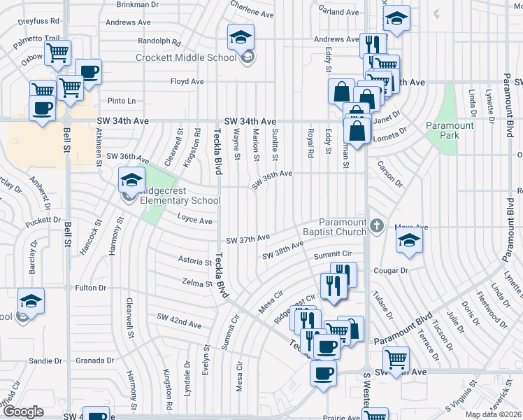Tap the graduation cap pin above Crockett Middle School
click(241, 36)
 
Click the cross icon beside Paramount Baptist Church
click(377, 225)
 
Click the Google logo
click(23, 412)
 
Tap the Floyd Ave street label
click(187, 81)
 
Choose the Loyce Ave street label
click(194, 220)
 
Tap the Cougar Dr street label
click(391, 270)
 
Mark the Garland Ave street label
click(338, 13)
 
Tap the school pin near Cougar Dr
click(409, 241)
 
